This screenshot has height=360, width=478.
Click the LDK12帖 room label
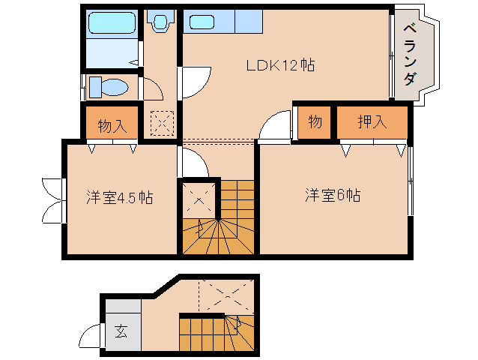280,65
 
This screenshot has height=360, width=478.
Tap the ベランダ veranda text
409,55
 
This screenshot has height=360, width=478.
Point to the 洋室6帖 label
333,196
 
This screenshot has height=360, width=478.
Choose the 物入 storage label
111,124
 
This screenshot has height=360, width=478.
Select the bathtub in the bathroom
109,25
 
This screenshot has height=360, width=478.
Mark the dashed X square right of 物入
162,124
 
